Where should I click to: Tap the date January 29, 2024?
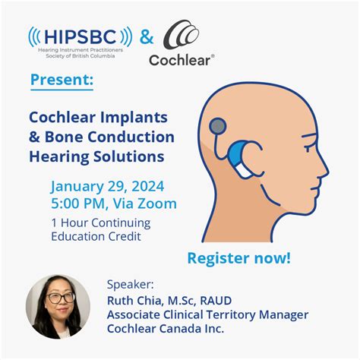pos(108,185)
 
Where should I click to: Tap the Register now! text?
pos(238,257)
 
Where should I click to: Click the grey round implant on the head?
pos(218,125)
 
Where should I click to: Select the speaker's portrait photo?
pos(58,306)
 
